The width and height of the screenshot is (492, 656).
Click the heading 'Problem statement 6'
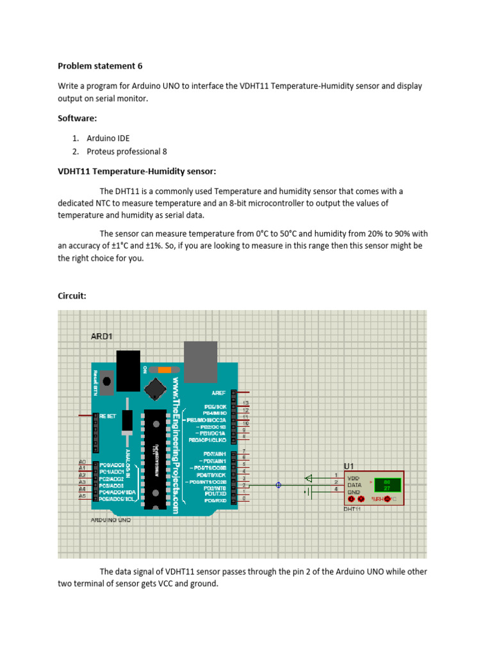[x=100, y=66]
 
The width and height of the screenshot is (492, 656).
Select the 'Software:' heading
[x=78, y=119]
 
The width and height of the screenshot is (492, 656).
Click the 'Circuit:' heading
[x=72, y=296]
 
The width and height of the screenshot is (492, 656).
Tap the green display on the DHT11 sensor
[x=388, y=484]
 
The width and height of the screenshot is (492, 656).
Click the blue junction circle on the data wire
[x=278, y=485]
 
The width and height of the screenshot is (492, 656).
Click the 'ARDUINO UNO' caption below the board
[x=110, y=520]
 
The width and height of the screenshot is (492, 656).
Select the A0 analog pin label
[x=82, y=462]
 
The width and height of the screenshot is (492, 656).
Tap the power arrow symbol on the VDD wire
[x=309, y=477]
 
